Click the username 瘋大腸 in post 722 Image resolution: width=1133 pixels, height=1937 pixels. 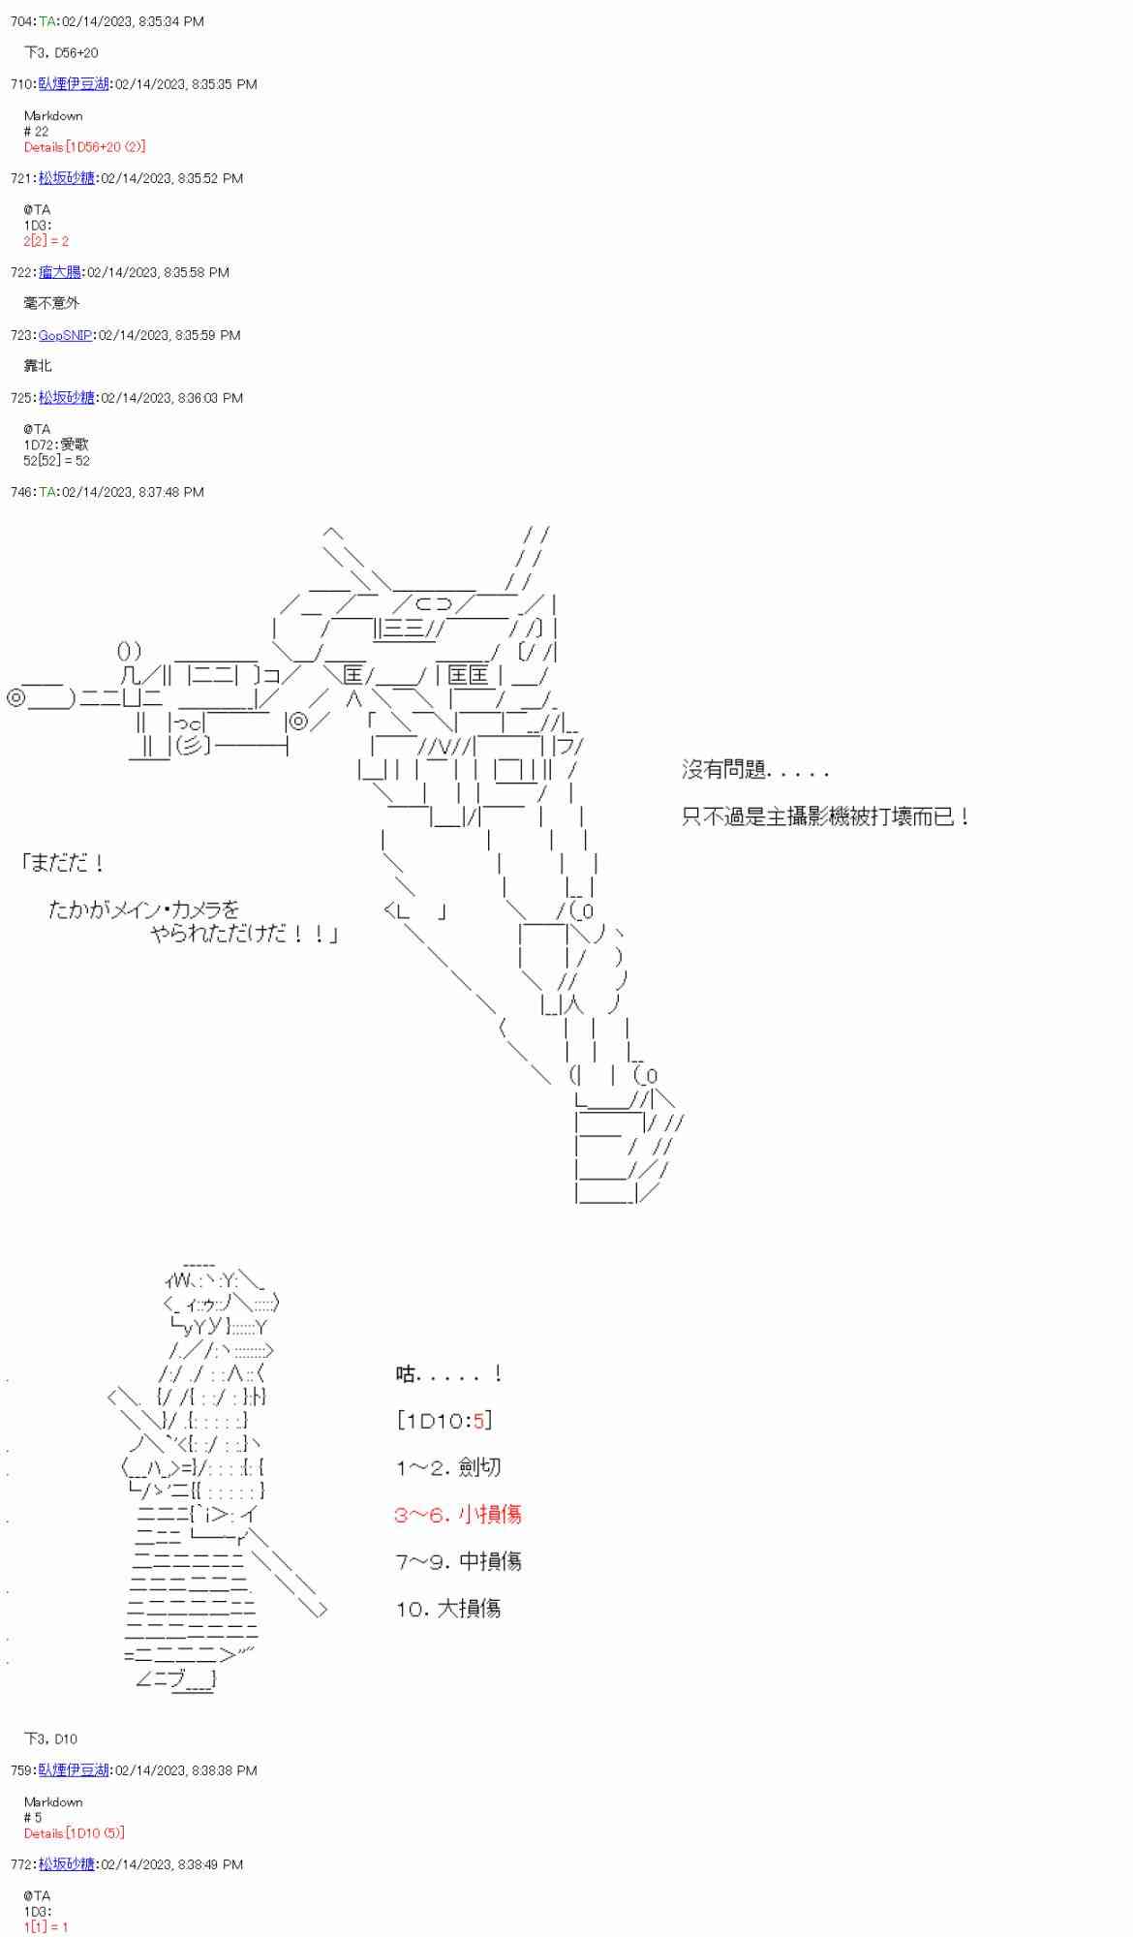[60, 272]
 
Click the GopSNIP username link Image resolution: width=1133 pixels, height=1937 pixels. [66, 335]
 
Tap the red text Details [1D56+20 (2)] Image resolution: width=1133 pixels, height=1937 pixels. [84, 147]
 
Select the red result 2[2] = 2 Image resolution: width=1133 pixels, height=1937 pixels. [46, 241]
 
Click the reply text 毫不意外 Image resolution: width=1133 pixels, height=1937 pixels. [51, 303]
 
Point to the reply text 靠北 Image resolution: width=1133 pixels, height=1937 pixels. [38, 365]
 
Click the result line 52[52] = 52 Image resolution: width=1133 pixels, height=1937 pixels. [56, 461]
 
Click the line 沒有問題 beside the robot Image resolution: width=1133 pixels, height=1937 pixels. [755, 771]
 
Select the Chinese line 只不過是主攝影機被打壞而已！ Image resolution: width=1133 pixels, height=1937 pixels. [825, 817]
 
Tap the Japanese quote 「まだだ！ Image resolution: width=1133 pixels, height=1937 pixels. [63, 862]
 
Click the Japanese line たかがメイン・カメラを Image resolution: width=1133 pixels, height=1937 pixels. [144, 909]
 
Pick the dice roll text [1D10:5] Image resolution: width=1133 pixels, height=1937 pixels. [444, 1421]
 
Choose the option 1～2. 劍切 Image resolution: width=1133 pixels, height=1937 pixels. [447, 1467]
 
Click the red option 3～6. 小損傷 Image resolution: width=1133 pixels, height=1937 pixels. [457, 1515]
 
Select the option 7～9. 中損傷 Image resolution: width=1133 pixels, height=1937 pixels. [457, 1561]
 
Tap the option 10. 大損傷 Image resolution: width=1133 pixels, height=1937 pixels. [447, 1609]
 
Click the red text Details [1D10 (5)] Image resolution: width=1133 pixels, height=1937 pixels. [74, 1833]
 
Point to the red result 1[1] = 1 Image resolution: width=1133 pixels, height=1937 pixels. [46, 1927]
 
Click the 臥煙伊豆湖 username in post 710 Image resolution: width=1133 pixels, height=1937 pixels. [74, 84]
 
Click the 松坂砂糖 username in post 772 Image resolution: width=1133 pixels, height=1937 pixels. [67, 1864]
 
